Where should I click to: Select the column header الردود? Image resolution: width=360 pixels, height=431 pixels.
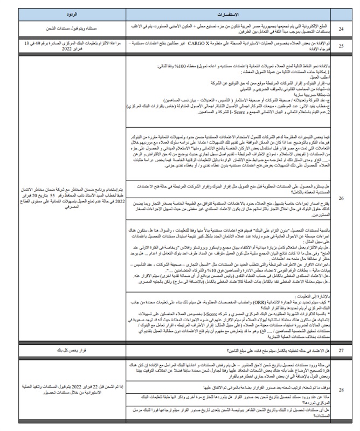click(x=67, y=11)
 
